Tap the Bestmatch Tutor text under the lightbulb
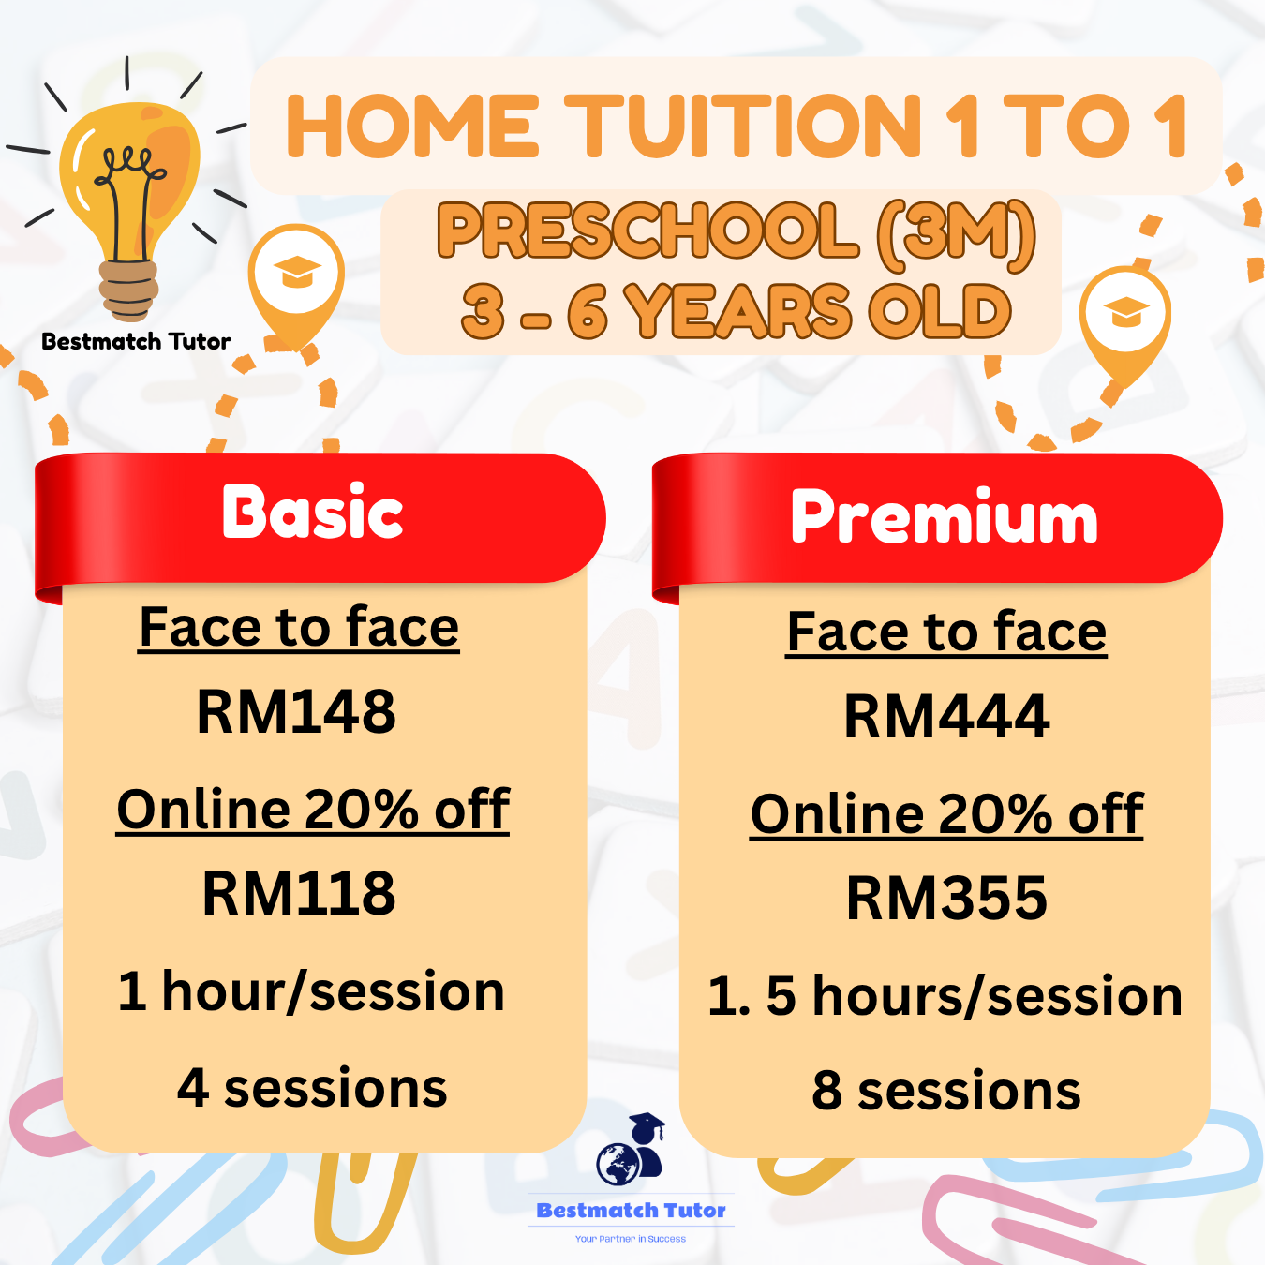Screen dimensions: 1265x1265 (x=136, y=341)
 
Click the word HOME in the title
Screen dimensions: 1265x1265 (x=412, y=126)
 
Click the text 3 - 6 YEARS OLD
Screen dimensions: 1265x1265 (x=736, y=311)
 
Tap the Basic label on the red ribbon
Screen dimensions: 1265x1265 (x=312, y=513)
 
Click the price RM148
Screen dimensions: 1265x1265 (x=296, y=711)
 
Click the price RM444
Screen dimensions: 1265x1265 (x=946, y=717)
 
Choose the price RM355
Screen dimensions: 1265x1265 (x=946, y=898)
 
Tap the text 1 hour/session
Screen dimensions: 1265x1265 (x=311, y=991)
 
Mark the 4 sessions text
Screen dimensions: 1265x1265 (x=312, y=1088)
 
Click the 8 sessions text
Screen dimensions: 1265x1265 (x=946, y=1091)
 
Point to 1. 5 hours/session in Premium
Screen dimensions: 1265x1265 (x=945, y=995)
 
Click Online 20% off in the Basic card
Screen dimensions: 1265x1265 (x=313, y=810)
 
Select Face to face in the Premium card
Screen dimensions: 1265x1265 (x=946, y=632)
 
